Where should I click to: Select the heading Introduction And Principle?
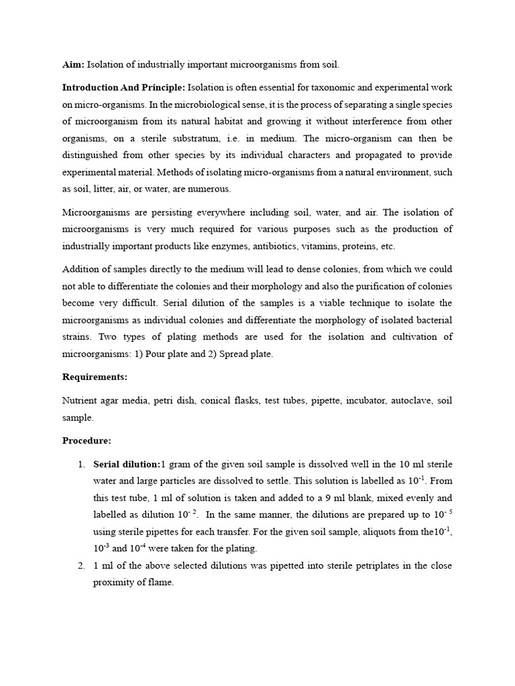(123, 87)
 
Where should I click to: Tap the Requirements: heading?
(95, 377)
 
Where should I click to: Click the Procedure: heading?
(87, 441)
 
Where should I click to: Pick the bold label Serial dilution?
(127, 464)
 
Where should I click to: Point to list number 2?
(80, 565)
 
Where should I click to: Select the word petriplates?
(342, 565)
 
